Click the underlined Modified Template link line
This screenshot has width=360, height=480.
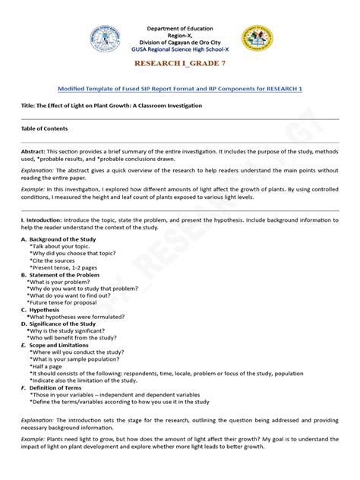[x=180, y=89]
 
